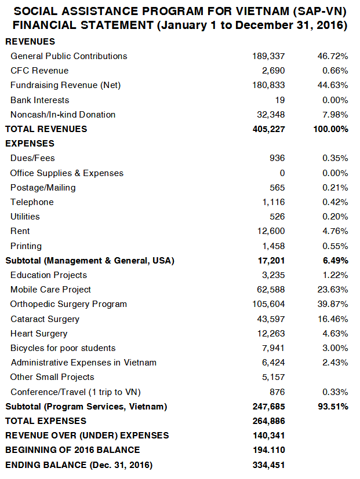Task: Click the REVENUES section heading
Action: (30, 42)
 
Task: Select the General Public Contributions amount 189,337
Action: (268, 56)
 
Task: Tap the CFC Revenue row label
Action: (39, 71)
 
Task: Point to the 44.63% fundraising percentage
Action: (333, 85)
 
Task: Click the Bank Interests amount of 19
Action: (280, 100)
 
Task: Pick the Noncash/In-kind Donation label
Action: (63, 115)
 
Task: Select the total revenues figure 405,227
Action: (268, 129)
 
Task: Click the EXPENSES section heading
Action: (30, 144)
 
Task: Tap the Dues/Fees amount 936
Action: (277, 158)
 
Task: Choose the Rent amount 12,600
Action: (271, 231)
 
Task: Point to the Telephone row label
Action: (32, 202)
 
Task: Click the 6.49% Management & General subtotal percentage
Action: (335, 261)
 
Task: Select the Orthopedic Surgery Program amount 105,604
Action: (268, 304)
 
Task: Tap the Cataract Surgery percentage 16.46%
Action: (333, 319)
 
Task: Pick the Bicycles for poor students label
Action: (63, 348)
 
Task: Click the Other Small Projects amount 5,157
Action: (274, 377)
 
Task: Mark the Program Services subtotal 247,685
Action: (268, 407)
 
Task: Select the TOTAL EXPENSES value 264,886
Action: (268, 421)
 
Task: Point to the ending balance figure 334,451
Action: (268, 465)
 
